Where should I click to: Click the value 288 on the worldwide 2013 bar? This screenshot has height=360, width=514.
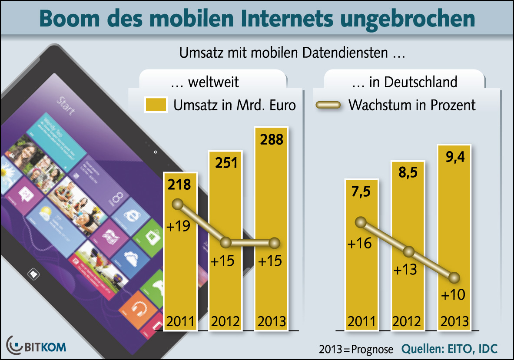pyautogui.click(x=271, y=140)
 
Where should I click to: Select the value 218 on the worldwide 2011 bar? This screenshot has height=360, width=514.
pyautogui.click(x=180, y=185)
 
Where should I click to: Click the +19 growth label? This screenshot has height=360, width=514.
pyautogui.click(x=178, y=226)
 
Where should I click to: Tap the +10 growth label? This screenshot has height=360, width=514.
pyautogui.click(x=453, y=295)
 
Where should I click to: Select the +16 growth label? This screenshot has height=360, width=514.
pyautogui.click(x=360, y=244)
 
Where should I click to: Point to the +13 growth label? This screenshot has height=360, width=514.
pyautogui.click(x=405, y=270)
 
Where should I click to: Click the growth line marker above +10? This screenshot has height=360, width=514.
pyautogui.click(x=454, y=277)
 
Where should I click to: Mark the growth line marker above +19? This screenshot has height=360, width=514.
pyautogui.click(x=177, y=204)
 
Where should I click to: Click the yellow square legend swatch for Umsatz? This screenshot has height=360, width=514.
pyautogui.click(x=156, y=106)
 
